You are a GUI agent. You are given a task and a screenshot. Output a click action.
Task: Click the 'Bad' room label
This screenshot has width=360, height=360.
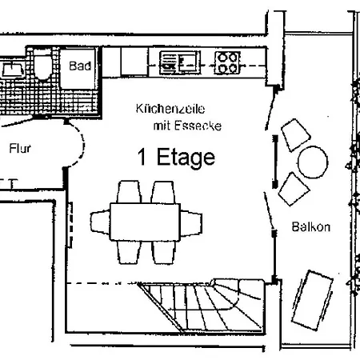pyautogui.click(x=80, y=66)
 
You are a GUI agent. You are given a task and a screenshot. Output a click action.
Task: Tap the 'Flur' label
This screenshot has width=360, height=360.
pyautogui.click(x=20, y=148)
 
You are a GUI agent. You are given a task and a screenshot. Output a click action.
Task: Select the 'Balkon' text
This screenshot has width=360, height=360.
pyautogui.click(x=311, y=227)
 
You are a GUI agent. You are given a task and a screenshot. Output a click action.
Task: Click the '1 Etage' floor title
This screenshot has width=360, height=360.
pyautogui.click(x=176, y=158)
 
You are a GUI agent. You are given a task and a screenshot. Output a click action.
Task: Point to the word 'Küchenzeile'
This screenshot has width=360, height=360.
pyautogui.click(x=170, y=109)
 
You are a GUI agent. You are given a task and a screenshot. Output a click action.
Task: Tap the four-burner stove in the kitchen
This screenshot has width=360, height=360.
pyautogui.click(x=227, y=63)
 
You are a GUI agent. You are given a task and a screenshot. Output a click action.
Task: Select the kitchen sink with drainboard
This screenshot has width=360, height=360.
pyautogui.click(x=180, y=63)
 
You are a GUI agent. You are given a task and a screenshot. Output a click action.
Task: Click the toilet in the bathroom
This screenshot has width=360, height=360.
pyautogui.click(x=42, y=66)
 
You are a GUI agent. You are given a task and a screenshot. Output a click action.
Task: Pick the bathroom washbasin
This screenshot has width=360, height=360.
pyautogui.click(x=12, y=69)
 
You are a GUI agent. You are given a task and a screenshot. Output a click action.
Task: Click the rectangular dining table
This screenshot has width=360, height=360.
pyautogui.click(x=145, y=222)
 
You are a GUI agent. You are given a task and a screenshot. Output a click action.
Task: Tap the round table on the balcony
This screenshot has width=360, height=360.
pyautogui.click(x=313, y=162)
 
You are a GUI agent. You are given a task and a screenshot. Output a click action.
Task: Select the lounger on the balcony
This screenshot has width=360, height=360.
pyautogui.click(x=312, y=301)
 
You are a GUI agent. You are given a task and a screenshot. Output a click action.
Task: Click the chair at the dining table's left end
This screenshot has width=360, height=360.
pyautogui.click(x=100, y=222)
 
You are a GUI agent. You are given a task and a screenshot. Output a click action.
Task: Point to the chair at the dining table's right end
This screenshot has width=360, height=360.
pyautogui.click(x=191, y=223)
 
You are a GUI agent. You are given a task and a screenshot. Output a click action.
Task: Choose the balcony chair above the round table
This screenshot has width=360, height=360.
pyautogui.click(x=295, y=135)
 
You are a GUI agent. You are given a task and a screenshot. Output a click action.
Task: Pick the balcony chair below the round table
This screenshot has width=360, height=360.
pyautogui.click(x=294, y=189)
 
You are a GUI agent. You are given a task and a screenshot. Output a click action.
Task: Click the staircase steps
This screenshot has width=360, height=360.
pyautogui.click(x=202, y=306)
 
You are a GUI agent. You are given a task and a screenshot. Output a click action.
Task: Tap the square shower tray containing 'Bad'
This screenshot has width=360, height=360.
pyautogui.click(x=78, y=69)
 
